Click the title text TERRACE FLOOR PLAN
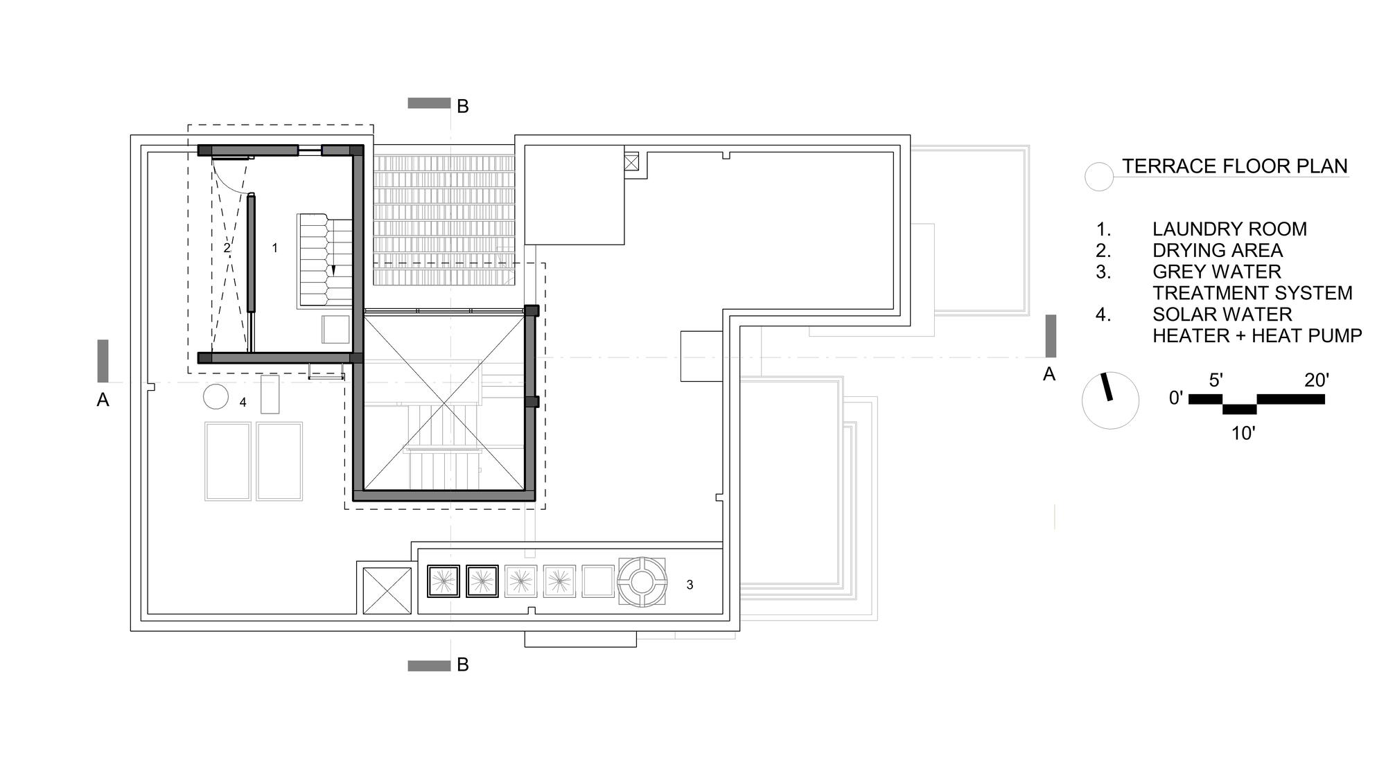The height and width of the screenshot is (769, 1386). pos(1235,166)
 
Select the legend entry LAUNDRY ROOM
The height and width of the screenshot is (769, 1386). pos(1229,229)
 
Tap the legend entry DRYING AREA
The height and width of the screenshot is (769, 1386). pos(1218,251)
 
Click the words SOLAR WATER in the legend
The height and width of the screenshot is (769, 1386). pos(1222,315)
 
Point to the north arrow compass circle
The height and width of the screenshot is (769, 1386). pos(1110,400)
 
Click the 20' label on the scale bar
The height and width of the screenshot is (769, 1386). pos(1316,380)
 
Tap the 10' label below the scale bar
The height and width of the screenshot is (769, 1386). pos(1243,434)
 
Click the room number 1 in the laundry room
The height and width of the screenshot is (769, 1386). pos(274,247)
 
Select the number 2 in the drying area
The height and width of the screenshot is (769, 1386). pos(227,247)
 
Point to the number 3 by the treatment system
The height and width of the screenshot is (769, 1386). pos(690,585)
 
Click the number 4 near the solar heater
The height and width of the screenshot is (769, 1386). pos(243,402)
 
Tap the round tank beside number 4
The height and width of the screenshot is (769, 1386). pos(216,397)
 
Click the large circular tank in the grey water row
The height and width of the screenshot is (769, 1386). pos(642,581)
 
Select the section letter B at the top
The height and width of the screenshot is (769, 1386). pos(463,107)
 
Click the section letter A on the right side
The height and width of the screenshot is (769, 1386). pos(1049,374)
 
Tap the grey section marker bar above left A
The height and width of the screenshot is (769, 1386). pos(103,360)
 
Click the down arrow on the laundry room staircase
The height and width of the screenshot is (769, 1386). pos(333,270)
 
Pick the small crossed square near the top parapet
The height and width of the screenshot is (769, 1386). pos(631,163)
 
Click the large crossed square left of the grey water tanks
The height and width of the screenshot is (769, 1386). pos(387,591)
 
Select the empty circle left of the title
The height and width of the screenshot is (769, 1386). pos(1098,177)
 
